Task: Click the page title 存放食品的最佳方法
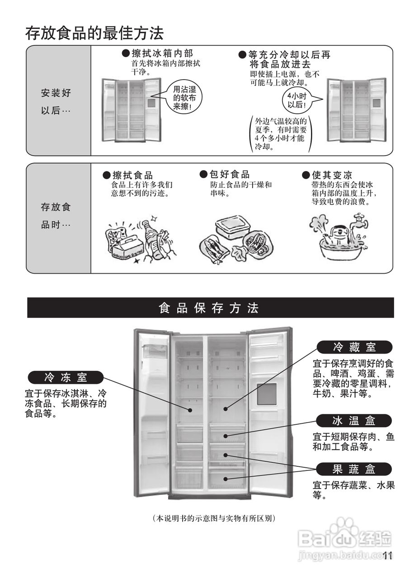(x=94, y=33)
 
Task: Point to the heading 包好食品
(x=229, y=175)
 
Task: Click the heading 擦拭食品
(x=132, y=175)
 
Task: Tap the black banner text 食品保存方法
(x=209, y=308)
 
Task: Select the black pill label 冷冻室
(x=66, y=377)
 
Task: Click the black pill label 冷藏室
(x=354, y=347)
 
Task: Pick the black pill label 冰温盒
(x=354, y=421)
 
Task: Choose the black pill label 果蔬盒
(x=354, y=469)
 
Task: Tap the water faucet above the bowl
(x=360, y=220)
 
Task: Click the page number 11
(x=387, y=556)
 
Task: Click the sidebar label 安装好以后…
(x=56, y=102)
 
